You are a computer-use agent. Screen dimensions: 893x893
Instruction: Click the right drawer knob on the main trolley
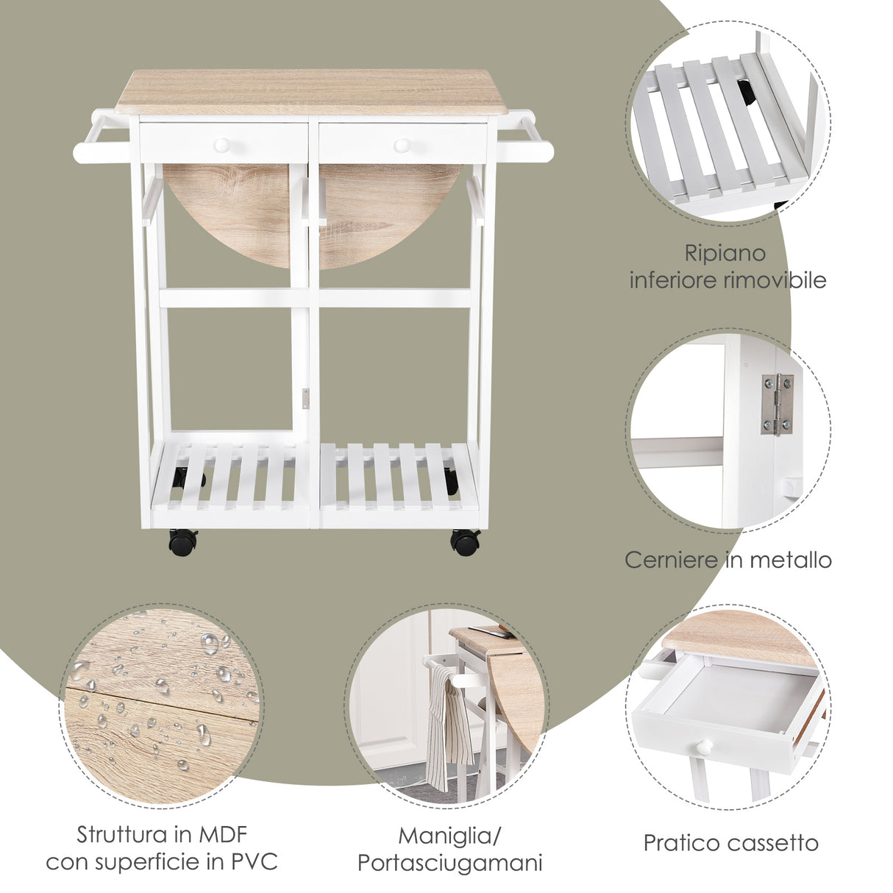[x=402, y=145]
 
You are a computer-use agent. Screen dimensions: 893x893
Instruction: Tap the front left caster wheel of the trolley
[x=182, y=542]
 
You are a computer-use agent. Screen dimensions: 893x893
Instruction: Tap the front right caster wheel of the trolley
[x=465, y=542]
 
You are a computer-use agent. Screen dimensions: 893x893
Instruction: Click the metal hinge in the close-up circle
[x=777, y=404]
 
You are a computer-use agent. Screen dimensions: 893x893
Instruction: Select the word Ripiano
[x=725, y=254]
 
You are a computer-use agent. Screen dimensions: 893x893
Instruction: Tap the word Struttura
[x=121, y=835]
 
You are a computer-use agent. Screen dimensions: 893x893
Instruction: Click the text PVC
[x=257, y=861]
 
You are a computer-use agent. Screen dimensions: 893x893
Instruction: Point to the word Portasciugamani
[x=449, y=863]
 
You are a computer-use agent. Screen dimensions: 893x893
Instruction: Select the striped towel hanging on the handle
[x=448, y=725]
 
